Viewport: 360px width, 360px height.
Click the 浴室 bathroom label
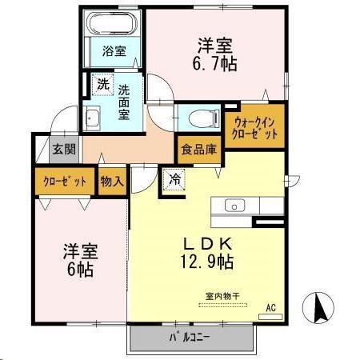tap(114, 53)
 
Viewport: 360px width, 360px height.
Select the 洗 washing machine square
tap(103, 84)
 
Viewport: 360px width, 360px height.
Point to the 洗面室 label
tap(126, 102)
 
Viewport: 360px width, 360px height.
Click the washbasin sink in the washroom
tap(93, 118)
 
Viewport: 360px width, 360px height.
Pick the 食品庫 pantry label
tap(196, 148)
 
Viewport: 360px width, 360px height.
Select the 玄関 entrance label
tap(64, 149)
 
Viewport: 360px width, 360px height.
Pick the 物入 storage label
tap(112, 181)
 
